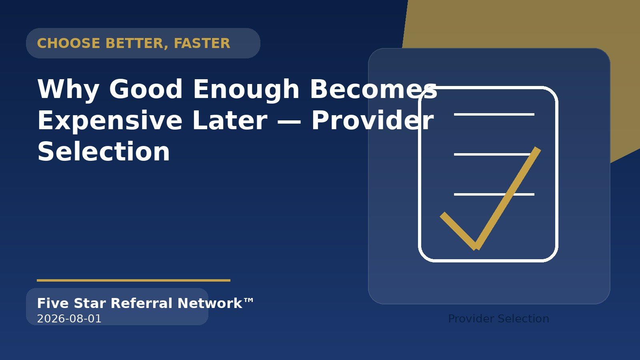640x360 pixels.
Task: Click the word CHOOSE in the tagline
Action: tap(68, 44)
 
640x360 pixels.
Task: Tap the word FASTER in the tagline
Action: tap(202, 44)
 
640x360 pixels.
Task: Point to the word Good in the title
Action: tap(146, 89)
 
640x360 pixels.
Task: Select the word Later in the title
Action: tap(230, 120)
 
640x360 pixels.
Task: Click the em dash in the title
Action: tap(289, 122)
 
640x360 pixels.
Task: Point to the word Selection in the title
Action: tap(104, 152)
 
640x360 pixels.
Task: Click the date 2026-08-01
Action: tap(69, 318)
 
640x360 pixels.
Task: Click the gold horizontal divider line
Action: tap(134, 280)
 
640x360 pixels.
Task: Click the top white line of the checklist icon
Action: tap(494, 114)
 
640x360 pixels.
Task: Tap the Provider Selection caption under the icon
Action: tap(498, 318)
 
